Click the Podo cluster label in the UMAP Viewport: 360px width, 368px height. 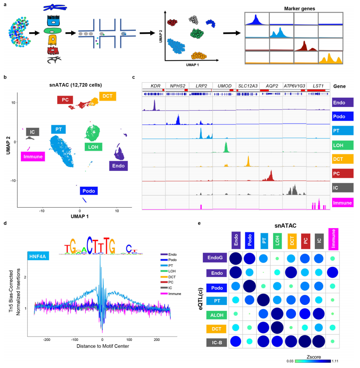tap(89, 190)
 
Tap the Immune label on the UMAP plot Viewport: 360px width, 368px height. tap(32, 156)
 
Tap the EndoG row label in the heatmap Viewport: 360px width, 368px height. tap(214, 258)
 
